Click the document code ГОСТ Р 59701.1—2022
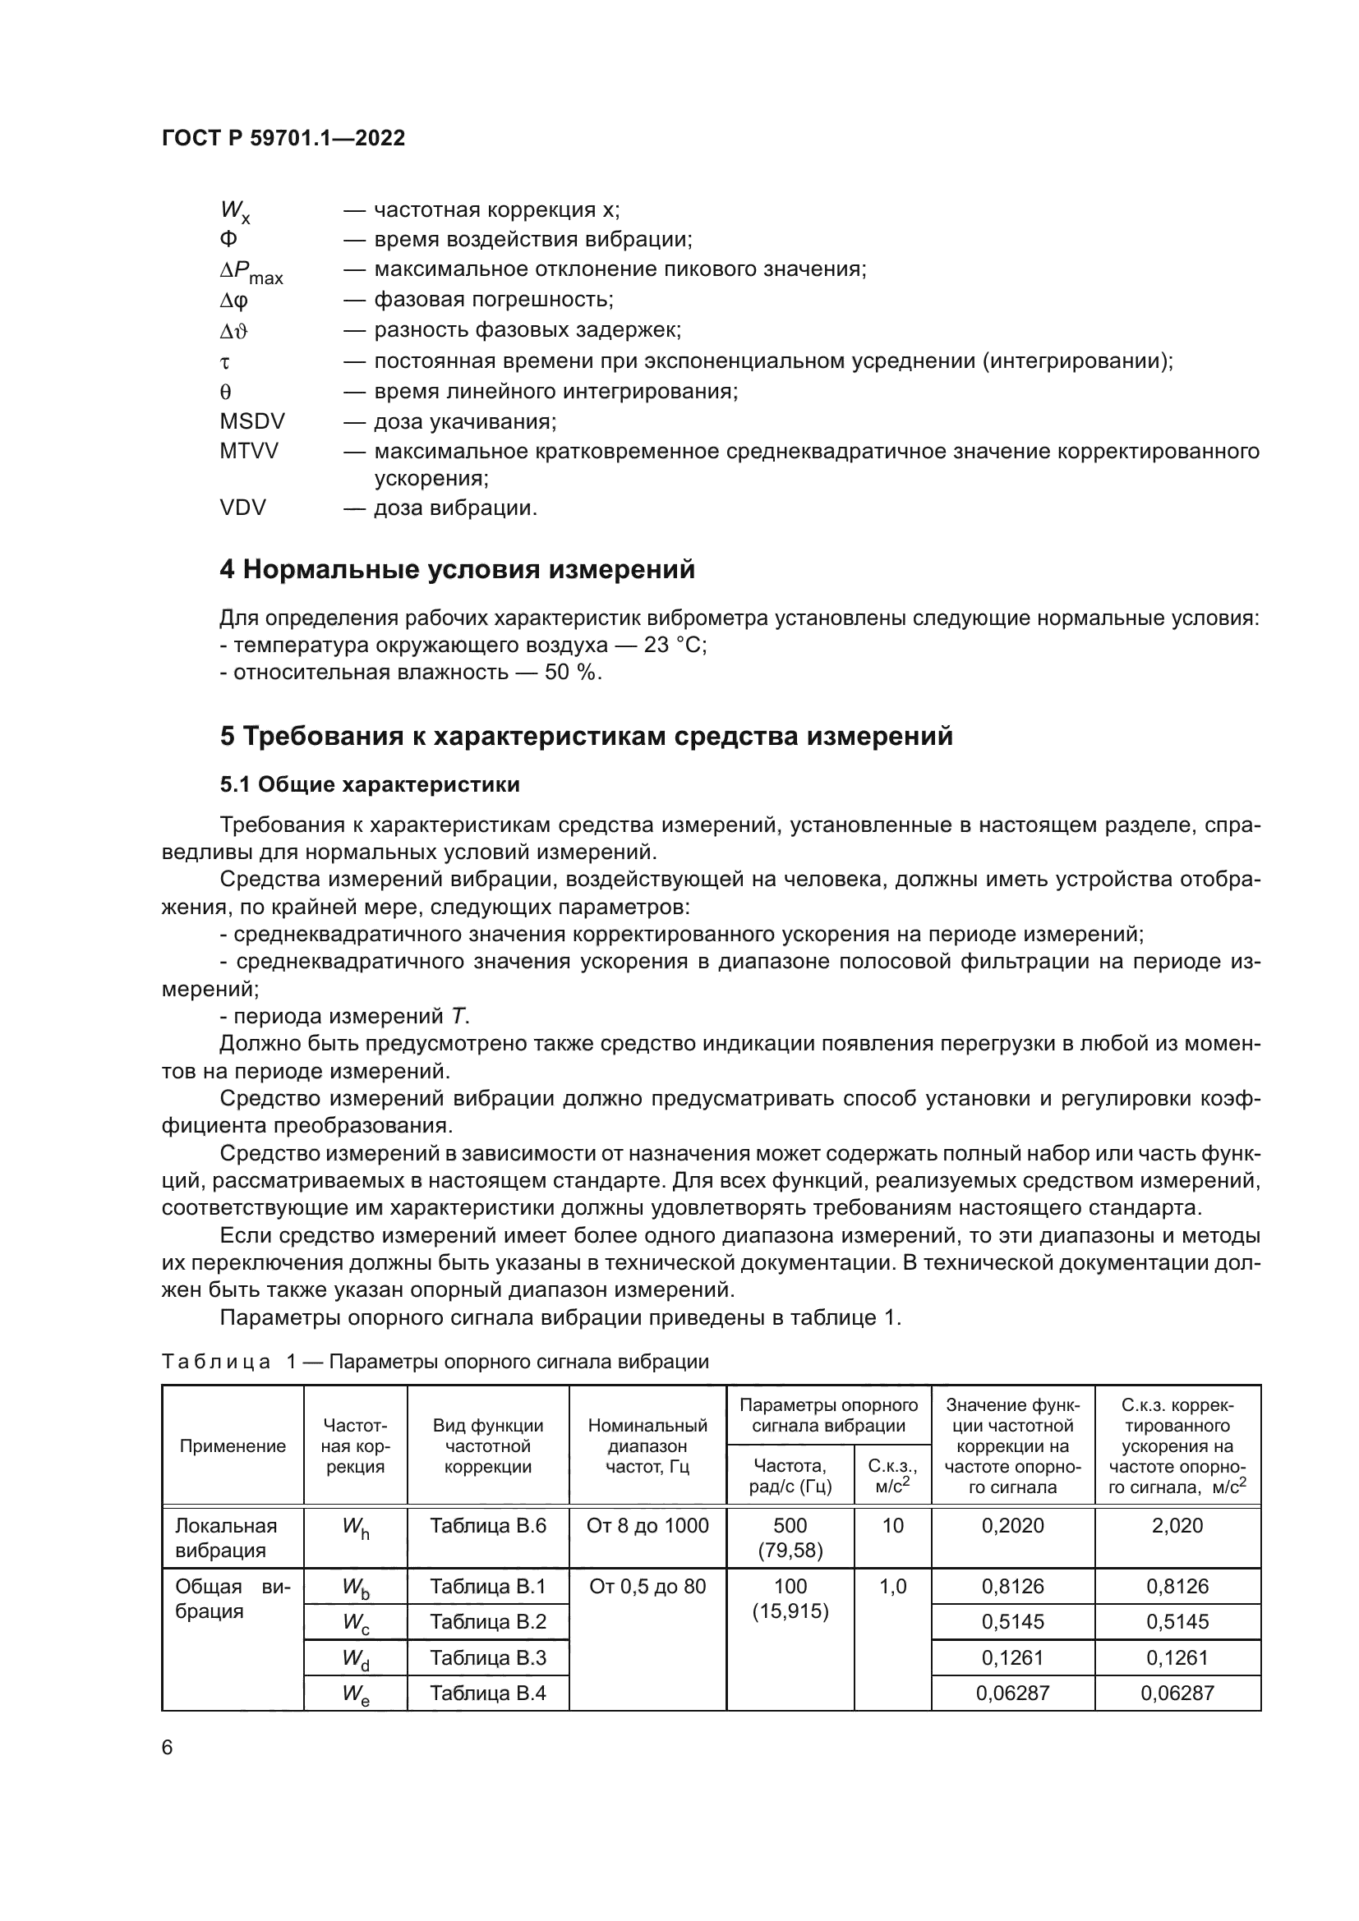point(283,138)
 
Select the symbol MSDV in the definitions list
point(252,421)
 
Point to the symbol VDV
point(242,507)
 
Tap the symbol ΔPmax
point(251,271)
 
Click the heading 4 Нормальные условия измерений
point(457,570)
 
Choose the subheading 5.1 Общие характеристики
point(369,784)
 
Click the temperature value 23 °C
point(675,645)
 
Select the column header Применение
point(233,1445)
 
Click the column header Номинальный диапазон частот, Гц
point(647,1445)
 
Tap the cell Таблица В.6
point(488,1525)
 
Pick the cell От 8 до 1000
point(647,1525)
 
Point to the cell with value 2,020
point(1177,1525)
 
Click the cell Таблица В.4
point(488,1694)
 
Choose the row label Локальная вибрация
point(226,1537)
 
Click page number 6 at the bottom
point(168,1747)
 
